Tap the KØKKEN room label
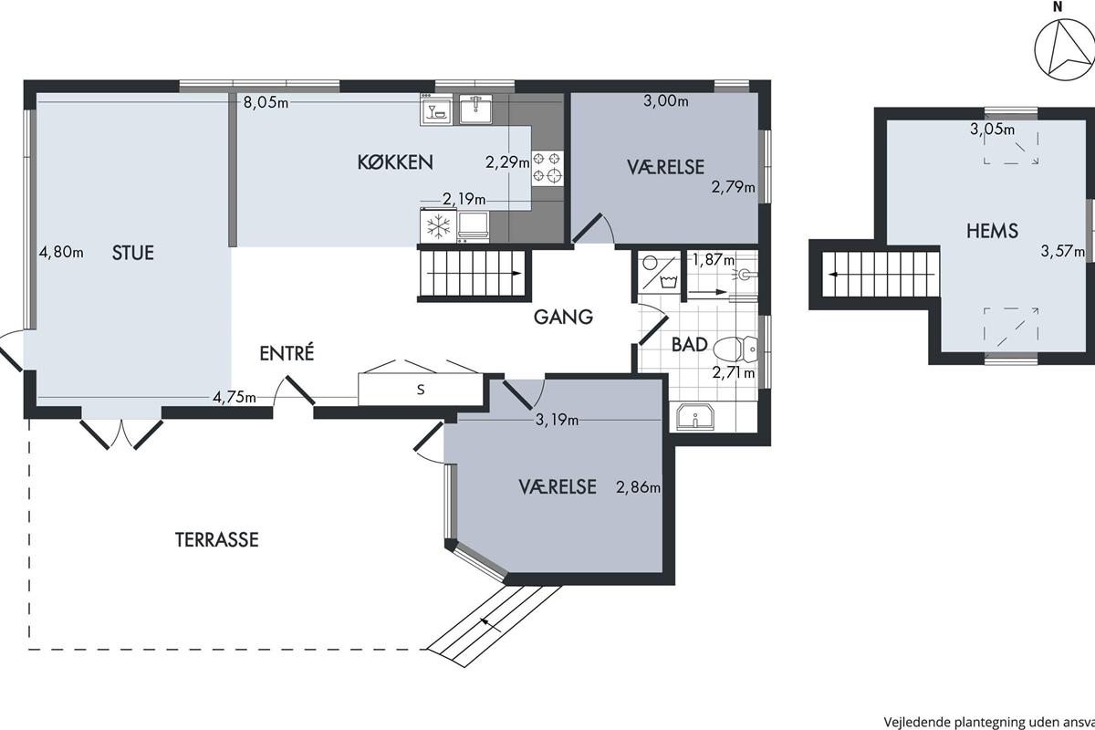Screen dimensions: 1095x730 click(x=395, y=162)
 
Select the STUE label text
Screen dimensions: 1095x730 click(x=133, y=253)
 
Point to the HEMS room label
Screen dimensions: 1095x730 click(x=993, y=231)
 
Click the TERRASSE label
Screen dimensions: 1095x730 click(x=216, y=540)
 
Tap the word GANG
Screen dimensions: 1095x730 click(x=563, y=318)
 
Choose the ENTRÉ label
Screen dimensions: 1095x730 click(x=287, y=353)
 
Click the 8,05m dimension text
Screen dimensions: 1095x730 click(x=266, y=103)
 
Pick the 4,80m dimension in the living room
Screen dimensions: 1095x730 click(x=61, y=252)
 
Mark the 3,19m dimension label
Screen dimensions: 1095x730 click(x=557, y=420)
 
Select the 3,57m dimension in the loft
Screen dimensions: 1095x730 click(x=1062, y=251)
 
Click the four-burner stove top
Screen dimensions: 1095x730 click(x=547, y=168)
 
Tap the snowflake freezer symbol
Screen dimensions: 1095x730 click(x=439, y=226)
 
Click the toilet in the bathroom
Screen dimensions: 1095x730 click(x=735, y=349)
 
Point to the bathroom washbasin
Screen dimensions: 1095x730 click(x=695, y=417)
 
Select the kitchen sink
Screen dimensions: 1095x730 click(x=475, y=109)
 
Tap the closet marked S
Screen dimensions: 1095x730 click(x=421, y=390)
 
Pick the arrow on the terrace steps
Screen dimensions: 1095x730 click(x=490, y=624)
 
